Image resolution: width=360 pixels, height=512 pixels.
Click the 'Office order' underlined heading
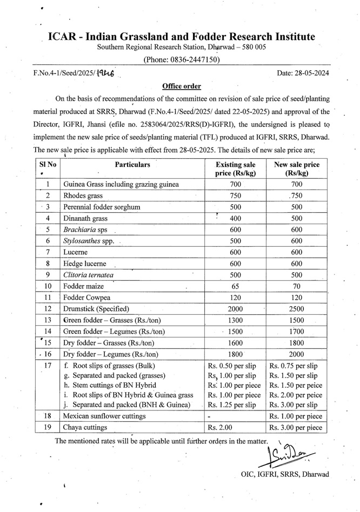click(182, 86)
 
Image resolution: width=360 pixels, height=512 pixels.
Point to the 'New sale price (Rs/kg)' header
click(297, 169)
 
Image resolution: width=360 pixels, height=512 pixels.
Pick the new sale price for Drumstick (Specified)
click(297, 309)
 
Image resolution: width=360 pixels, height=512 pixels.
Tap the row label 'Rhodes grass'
click(83, 196)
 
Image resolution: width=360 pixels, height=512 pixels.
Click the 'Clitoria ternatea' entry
click(89, 275)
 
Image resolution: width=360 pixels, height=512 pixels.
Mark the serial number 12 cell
click(48, 309)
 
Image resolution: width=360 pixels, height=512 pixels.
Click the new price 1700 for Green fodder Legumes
click(297, 332)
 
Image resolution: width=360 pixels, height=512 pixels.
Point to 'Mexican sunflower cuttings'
click(104, 416)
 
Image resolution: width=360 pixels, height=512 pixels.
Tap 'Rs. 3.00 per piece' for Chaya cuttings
click(296, 428)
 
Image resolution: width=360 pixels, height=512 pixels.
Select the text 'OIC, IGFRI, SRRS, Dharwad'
click(285, 474)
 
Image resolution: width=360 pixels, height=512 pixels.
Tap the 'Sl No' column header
click(48, 164)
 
